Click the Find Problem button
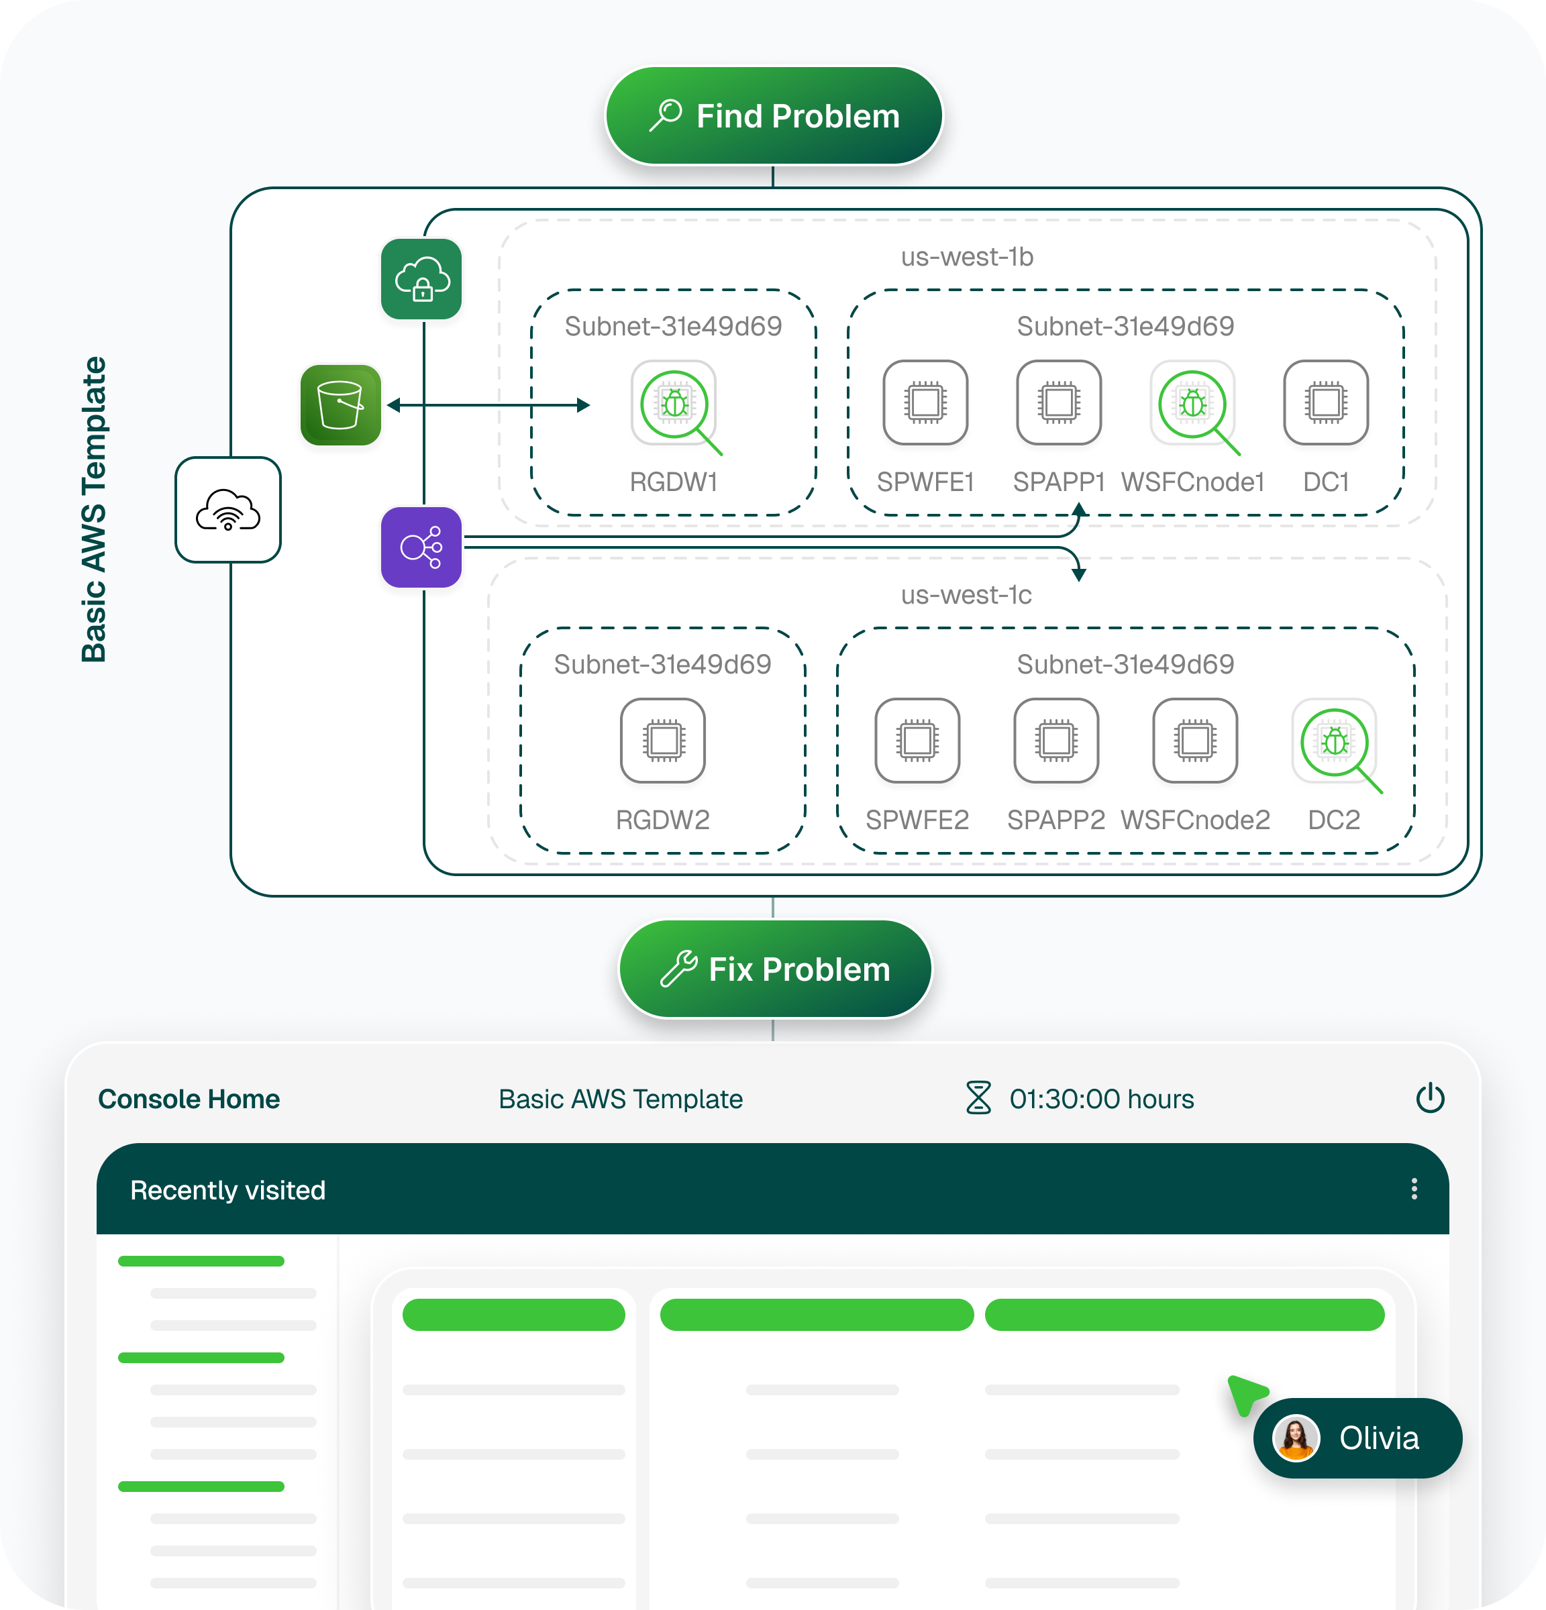point(774,116)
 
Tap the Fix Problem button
point(774,969)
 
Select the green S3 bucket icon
point(341,405)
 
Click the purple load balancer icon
point(421,547)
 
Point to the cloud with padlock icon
point(421,279)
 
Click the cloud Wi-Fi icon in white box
point(228,510)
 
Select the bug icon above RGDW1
point(674,403)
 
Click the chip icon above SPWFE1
point(925,402)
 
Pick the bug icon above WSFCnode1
point(1193,403)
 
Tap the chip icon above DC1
point(1326,402)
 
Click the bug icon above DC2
point(1335,742)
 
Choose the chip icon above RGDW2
point(663,741)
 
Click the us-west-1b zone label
point(967,257)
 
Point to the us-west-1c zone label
point(966,595)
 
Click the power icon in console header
point(1430,1098)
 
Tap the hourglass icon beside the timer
point(978,1098)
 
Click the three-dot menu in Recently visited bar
point(1414,1189)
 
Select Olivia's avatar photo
point(1296,1438)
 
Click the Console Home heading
point(189,1099)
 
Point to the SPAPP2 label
point(1055,820)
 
